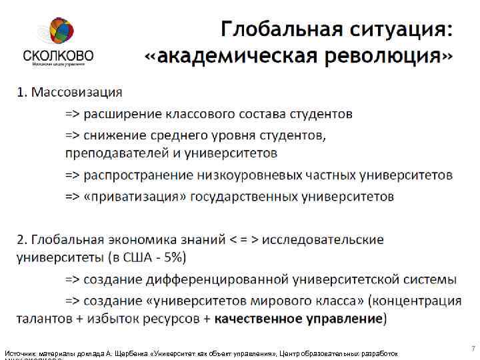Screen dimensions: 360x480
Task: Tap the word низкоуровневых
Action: tap(253, 175)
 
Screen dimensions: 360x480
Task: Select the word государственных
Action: tap(244, 197)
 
